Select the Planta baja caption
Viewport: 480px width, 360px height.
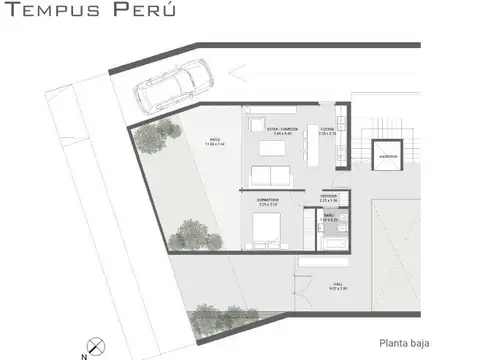[x=405, y=341]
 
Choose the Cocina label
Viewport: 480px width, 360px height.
[x=327, y=130]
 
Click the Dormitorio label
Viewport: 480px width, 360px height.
[x=267, y=201]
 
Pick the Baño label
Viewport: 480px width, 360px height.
[x=327, y=217]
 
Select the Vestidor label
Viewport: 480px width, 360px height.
[x=329, y=197]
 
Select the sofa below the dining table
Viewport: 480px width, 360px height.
[x=267, y=176]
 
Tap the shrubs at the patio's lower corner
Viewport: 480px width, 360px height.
[x=188, y=236]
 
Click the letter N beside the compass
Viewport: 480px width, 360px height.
[x=84, y=353]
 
